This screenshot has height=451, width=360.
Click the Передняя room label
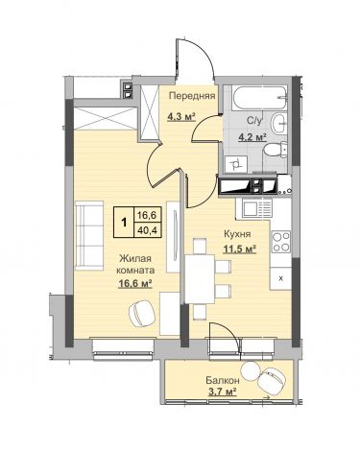(192, 96)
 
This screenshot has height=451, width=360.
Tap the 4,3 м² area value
(181, 117)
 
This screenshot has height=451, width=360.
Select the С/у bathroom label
(254, 121)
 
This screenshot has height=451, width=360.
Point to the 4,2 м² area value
(252, 137)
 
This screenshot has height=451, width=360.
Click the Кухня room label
(237, 234)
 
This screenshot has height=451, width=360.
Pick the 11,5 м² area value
(240, 249)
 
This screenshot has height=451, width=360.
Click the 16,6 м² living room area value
(135, 283)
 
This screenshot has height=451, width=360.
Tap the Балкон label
(223, 380)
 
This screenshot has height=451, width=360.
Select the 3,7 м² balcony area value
(223, 392)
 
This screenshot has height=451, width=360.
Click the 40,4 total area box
(147, 229)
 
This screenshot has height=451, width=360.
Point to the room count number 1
(124, 222)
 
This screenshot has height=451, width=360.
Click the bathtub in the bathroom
(260, 98)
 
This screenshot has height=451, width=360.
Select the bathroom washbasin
(280, 123)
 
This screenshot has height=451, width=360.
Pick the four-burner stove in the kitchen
(281, 242)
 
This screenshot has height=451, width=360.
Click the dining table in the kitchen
(200, 278)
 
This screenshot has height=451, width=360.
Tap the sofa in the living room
(89, 235)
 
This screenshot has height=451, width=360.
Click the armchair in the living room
(142, 314)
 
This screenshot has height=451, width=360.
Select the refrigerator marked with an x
(280, 278)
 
